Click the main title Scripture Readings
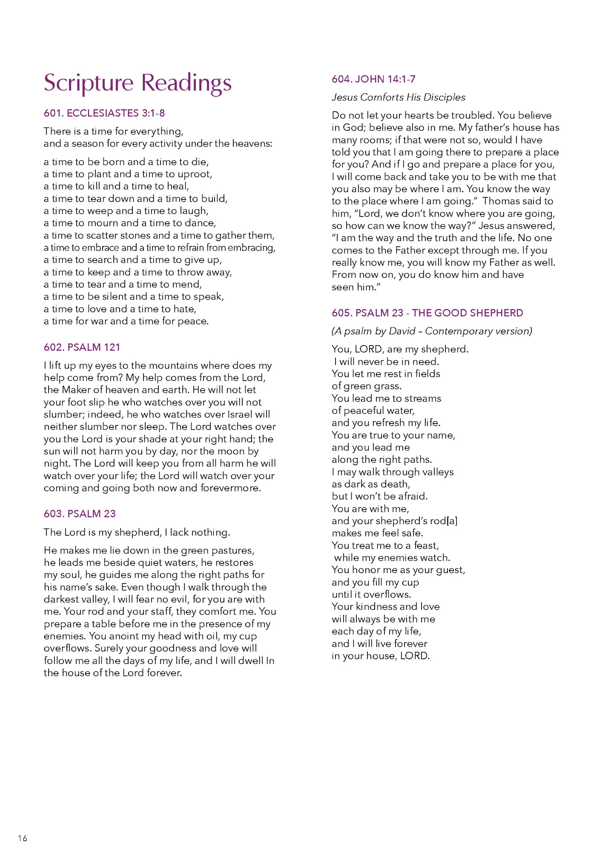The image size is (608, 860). pyautogui.click(x=138, y=83)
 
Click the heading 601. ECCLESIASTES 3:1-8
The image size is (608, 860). pyautogui.click(x=104, y=113)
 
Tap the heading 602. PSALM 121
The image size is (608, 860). pyautogui.click(x=82, y=347)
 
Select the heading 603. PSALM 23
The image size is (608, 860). pyautogui.click(x=80, y=514)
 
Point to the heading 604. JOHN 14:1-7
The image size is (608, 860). pyautogui.click(x=373, y=79)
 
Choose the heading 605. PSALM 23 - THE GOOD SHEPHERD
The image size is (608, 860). pyautogui.click(x=427, y=313)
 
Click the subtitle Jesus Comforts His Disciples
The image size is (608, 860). pyautogui.click(x=398, y=97)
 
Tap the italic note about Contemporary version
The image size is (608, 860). pyautogui.click(x=432, y=331)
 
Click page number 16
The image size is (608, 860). pyautogui.click(x=23, y=838)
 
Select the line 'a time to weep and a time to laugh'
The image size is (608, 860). pyautogui.click(x=126, y=211)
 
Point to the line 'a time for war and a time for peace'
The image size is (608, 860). pyautogui.click(x=126, y=321)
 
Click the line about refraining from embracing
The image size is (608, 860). pyautogui.click(x=159, y=248)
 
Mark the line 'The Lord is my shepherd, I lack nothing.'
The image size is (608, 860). pyautogui.click(x=137, y=532)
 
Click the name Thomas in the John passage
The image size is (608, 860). pyautogui.click(x=501, y=201)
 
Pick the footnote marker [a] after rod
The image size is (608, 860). pyautogui.click(x=452, y=521)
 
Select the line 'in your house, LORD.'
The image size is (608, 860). pyautogui.click(x=381, y=656)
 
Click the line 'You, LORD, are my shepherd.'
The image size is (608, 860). pyautogui.click(x=400, y=349)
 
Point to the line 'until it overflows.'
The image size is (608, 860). pyautogui.click(x=371, y=594)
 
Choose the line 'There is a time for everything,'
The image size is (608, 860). pyautogui.click(x=113, y=131)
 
